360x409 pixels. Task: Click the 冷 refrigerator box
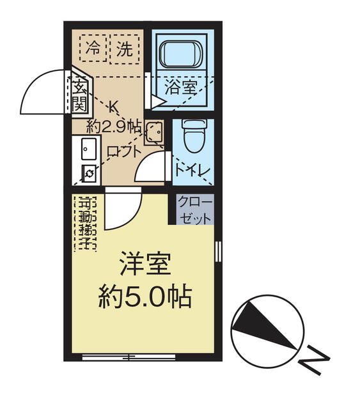93,47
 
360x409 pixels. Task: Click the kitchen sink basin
88,149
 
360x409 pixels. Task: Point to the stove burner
88,173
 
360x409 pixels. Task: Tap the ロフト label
123,152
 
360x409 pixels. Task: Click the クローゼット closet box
194,209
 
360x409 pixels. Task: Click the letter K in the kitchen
115,106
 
